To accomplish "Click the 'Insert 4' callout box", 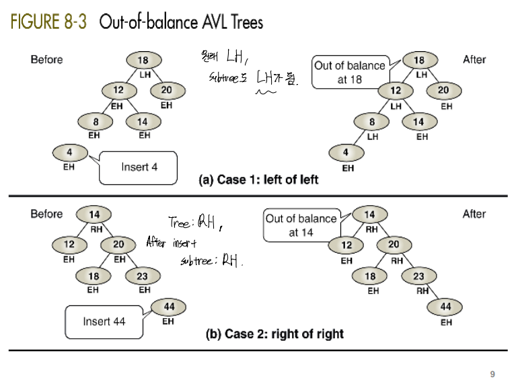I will (x=139, y=167).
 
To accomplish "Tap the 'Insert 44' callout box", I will (x=104, y=321).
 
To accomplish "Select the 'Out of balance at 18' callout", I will (x=350, y=72).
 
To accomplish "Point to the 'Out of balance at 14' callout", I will (x=301, y=225).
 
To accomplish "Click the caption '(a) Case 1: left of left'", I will (x=258, y=180).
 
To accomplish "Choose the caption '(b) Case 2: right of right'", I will (x=274, y=334).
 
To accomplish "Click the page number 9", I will (x=492, y=374).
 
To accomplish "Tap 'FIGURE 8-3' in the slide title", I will (x=47, y=22).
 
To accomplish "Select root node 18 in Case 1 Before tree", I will (x=143, y=61).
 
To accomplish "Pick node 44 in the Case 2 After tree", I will (x=445, y=307).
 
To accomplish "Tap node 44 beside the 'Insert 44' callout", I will (x=169, y=307).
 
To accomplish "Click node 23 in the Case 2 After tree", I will (x=418, y=276).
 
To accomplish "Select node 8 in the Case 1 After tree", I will (x=372, y=122).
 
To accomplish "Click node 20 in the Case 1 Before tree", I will (x=166, y=90).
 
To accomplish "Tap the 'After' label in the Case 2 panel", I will (x=474, y=214).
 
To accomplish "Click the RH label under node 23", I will (x=422, y=291).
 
